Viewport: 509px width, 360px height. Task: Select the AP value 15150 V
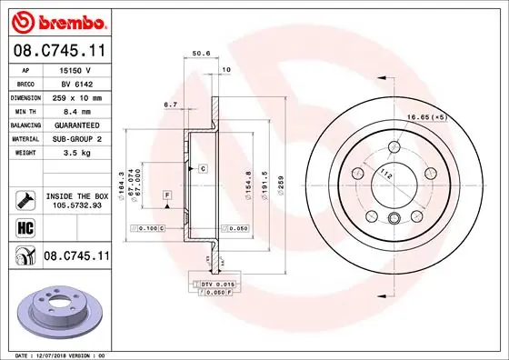[75, 69]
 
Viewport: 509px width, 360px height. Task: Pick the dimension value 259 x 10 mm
[75, 96]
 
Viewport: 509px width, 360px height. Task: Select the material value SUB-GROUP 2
[75, 137]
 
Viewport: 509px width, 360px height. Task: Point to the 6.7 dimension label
[170, 105]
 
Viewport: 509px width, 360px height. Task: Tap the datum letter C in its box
[203, 169]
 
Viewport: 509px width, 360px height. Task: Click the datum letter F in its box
[168, 195]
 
